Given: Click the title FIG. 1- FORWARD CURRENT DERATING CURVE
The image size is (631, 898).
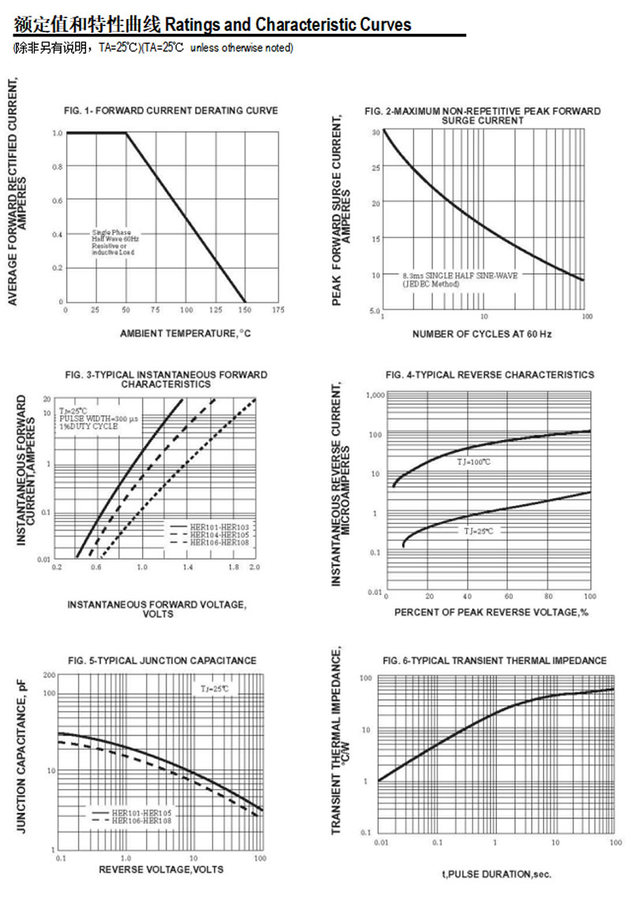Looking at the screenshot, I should pos(170,110).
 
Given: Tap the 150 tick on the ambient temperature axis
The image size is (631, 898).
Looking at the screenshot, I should pos(245,309).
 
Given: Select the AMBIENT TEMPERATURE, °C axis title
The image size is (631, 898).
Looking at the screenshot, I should pos(185,334).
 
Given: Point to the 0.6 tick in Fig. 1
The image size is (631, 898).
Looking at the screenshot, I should pos(57,200).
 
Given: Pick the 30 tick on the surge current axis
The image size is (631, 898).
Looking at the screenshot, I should pos(376,132).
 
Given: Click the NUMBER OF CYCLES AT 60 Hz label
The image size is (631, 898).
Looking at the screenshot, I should pos(482,335).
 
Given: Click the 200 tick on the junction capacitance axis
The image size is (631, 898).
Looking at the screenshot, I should pos(49,675).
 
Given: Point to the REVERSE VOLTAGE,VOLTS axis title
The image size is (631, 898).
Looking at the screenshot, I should pos(161,869).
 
